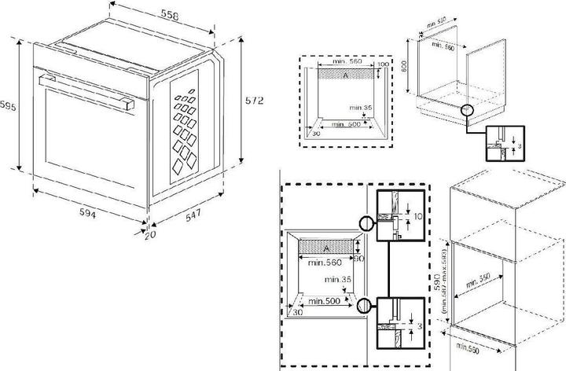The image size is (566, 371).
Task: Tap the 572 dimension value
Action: (252, 101)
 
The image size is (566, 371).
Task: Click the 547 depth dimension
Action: (192, 215)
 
